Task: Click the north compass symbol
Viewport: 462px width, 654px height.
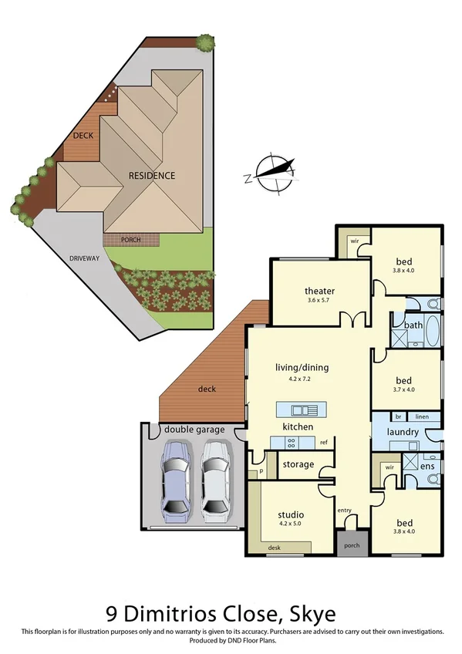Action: point(272,173)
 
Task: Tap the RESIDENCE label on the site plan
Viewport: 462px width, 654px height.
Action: point(151,176)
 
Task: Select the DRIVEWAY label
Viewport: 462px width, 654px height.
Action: point(84,258)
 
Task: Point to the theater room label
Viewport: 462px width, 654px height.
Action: point(319,291)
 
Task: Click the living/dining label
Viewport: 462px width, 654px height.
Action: point(302,367)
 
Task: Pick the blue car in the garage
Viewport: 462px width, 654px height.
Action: point(177,479)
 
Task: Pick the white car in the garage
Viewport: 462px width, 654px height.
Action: point(216,479)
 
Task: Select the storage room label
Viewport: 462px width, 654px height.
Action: point(297,464)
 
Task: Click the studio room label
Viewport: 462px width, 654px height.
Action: point(290,514)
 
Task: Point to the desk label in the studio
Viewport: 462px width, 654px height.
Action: point(274,548)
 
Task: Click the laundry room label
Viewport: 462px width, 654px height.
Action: point(403,433)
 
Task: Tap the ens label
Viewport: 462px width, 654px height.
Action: point(426,467)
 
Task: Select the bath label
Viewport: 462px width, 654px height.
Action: point(414,325)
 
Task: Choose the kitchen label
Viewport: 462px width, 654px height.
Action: point(296,426)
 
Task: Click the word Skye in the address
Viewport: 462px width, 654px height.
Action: point(312,614)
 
